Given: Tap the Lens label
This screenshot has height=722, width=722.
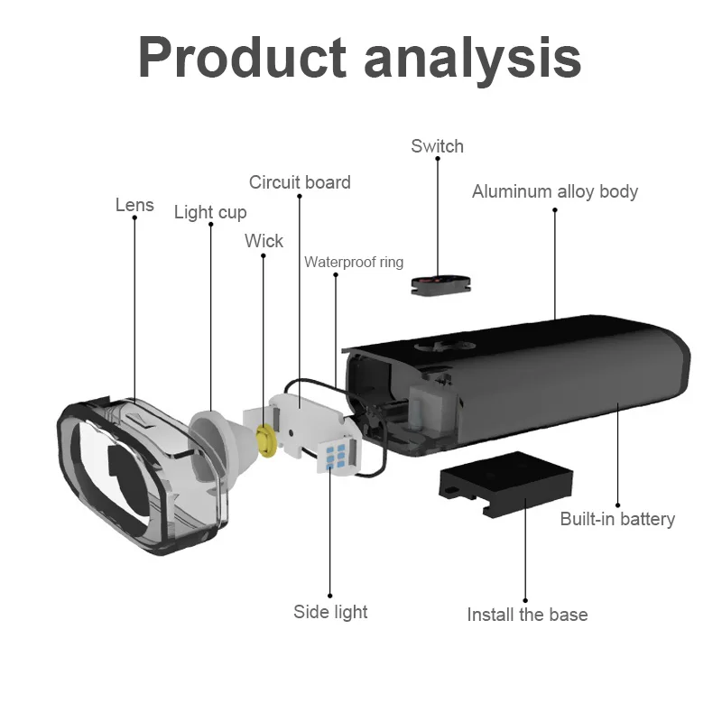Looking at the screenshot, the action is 134,205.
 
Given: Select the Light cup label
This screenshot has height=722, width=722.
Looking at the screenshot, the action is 209,213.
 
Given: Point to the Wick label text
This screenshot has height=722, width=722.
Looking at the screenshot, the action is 264,241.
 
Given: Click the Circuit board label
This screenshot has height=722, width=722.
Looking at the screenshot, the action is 300,182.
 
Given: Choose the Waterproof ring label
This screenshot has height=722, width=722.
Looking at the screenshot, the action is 353,263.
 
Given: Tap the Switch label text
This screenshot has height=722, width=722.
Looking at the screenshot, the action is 437,146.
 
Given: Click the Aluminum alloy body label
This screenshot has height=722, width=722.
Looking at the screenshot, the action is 554,191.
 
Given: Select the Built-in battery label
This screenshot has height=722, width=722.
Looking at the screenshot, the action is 617,519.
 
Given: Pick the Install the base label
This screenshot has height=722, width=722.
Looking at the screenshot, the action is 527,615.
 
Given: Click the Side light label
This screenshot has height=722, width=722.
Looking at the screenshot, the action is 330,612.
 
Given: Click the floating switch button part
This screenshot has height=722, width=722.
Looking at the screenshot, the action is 438,284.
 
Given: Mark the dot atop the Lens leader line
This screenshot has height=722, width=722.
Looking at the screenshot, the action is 134,218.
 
